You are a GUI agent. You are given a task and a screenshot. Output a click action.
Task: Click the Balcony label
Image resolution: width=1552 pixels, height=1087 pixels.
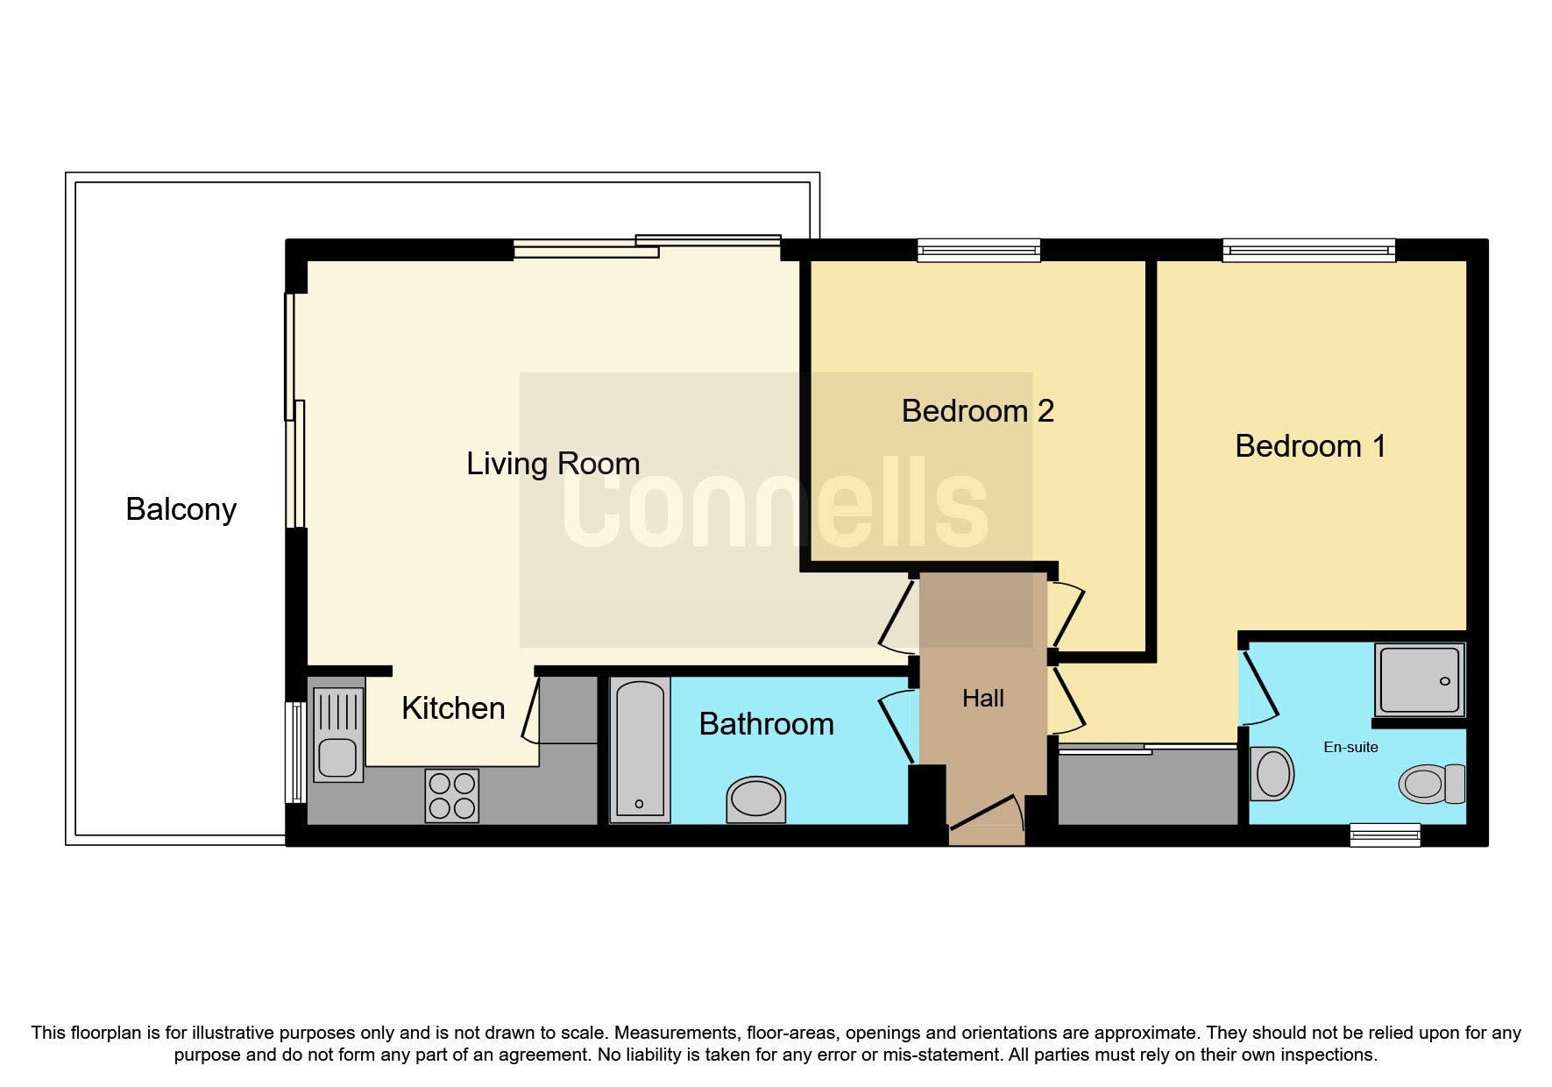[x=181, y=509]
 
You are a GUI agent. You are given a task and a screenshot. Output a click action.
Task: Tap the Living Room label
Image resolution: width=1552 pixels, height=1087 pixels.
[x=553, y=464]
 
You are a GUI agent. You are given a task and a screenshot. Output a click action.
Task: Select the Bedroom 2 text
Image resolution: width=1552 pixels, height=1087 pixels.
[x=977, y=411]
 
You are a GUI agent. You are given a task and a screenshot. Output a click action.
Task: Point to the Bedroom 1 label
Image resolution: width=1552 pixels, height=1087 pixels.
[x=1310, y=446]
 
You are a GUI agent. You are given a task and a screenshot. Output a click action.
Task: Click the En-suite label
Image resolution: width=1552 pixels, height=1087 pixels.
[x=1350, y=748]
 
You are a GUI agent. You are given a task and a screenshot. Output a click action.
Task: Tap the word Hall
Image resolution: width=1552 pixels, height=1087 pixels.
[x=982, y=699]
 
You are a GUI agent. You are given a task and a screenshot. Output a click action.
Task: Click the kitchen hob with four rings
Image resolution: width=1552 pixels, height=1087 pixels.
[x=452, y=795]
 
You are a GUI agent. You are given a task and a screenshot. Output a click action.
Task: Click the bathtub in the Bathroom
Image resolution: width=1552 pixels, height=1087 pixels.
[x=640, y=750]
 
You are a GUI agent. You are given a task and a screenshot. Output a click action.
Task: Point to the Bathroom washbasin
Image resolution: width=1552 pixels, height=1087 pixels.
[x=755, y=799]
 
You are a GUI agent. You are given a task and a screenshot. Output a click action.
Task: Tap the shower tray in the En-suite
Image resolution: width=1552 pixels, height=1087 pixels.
[x=1420, y=679]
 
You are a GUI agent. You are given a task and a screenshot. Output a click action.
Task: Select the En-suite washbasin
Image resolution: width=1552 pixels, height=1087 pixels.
[x=1272, y=773]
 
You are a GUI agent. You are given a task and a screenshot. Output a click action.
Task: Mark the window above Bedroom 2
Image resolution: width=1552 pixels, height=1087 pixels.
[x=979, y=251]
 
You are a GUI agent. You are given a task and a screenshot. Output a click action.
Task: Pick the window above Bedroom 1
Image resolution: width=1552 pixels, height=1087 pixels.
[x=1308, y=251]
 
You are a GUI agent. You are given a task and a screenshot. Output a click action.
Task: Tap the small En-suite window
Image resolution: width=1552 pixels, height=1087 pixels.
[x=1385, y=835]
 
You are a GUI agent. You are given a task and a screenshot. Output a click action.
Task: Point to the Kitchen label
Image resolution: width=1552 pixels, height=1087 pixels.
[x=453, y=708]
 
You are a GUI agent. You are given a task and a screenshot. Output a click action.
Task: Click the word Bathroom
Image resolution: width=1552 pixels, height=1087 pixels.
[x=766, y=724]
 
